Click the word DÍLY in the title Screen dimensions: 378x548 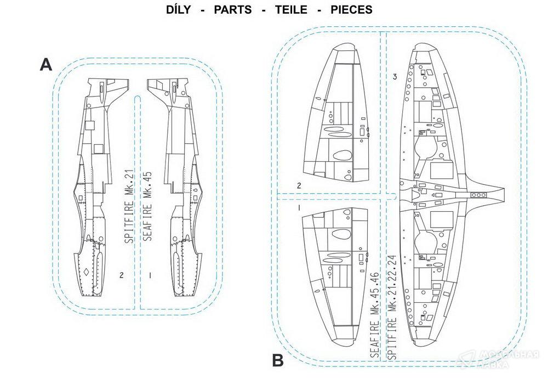click(x=180, y=10)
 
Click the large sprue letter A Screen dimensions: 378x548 click(x=46, y=65)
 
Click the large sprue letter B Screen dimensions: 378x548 click(x=278, y=360)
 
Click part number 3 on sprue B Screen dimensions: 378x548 click(x=395, y=76)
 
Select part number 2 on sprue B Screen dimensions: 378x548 click(x=299, y=185)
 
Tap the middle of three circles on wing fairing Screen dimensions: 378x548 click(x=480, y=194)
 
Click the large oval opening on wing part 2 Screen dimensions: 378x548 click(x=341, y=155)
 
